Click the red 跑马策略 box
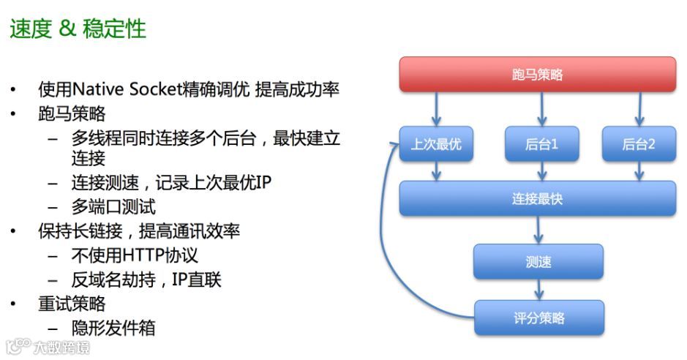(x=537, y=75)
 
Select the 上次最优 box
(x=436, y=144)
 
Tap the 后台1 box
(x=541, y=144)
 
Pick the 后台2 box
(x=639, y=144)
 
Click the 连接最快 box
(x=537, y=198)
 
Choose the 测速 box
(x=538, y=261)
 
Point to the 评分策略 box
(x=538, y=318)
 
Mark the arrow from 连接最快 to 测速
(x=538, y=230)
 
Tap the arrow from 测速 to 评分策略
(x=538, y=290)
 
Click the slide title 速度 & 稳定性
(x=78, y=29)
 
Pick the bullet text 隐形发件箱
(x=113, y=327)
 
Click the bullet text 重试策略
(x=72, y=304)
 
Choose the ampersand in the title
(x=67, y=29)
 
